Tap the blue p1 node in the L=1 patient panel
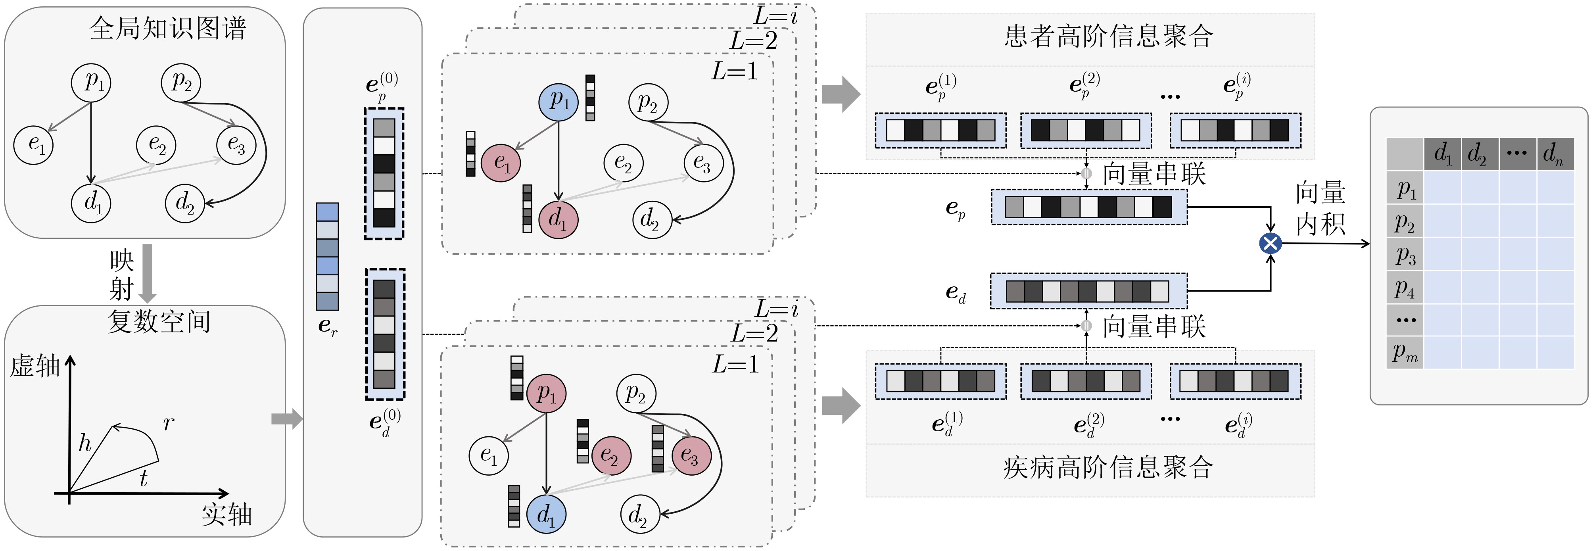558,102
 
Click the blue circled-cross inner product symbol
1270,243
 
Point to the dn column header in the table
1554,154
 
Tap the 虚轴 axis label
35,366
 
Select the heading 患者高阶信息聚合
1108,36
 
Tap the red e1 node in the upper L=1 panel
501,163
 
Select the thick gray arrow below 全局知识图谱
147,272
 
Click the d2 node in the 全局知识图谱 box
184,202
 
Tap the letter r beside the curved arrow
168,424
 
